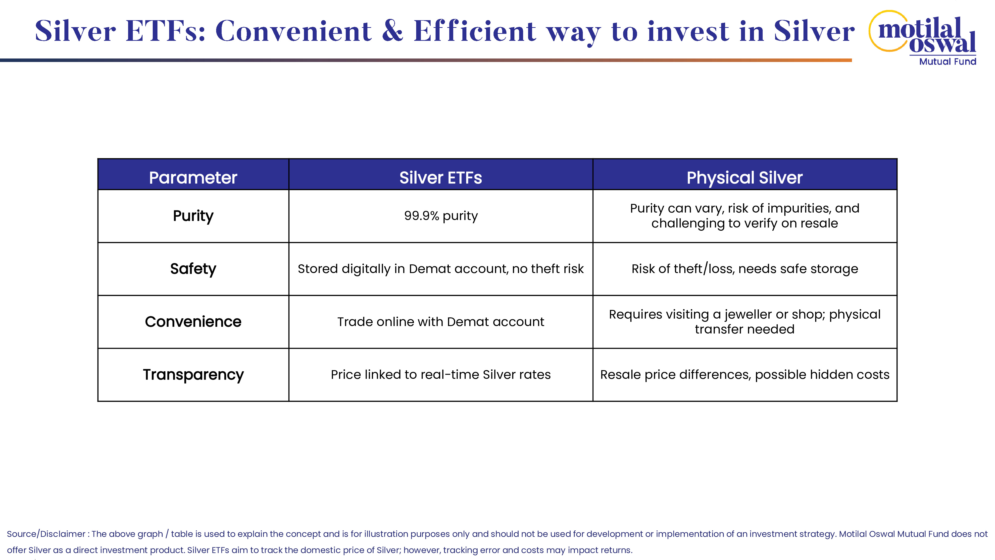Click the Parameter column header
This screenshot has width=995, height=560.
click(x=193, y=178)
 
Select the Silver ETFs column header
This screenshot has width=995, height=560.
click(x=441, y=178)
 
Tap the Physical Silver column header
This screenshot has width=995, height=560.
click(x=745, y=178)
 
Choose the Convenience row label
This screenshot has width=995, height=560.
click(x=193, y=322)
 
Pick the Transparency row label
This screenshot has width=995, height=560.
click(x=193, y=375)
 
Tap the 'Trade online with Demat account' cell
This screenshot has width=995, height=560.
click(x=441, y=322)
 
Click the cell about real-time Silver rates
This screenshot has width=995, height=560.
click(x=441, y=375)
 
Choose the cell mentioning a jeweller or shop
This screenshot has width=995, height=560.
click(x=745, y=322)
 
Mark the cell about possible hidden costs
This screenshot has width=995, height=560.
click(x=745, y=375)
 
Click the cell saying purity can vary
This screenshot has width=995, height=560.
click(x=745, y=216)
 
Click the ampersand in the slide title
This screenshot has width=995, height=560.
click(x=393, y=31)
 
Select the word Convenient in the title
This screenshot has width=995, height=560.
click(x=294, y=31)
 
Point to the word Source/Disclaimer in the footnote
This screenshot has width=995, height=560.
click(x=46, y=534)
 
